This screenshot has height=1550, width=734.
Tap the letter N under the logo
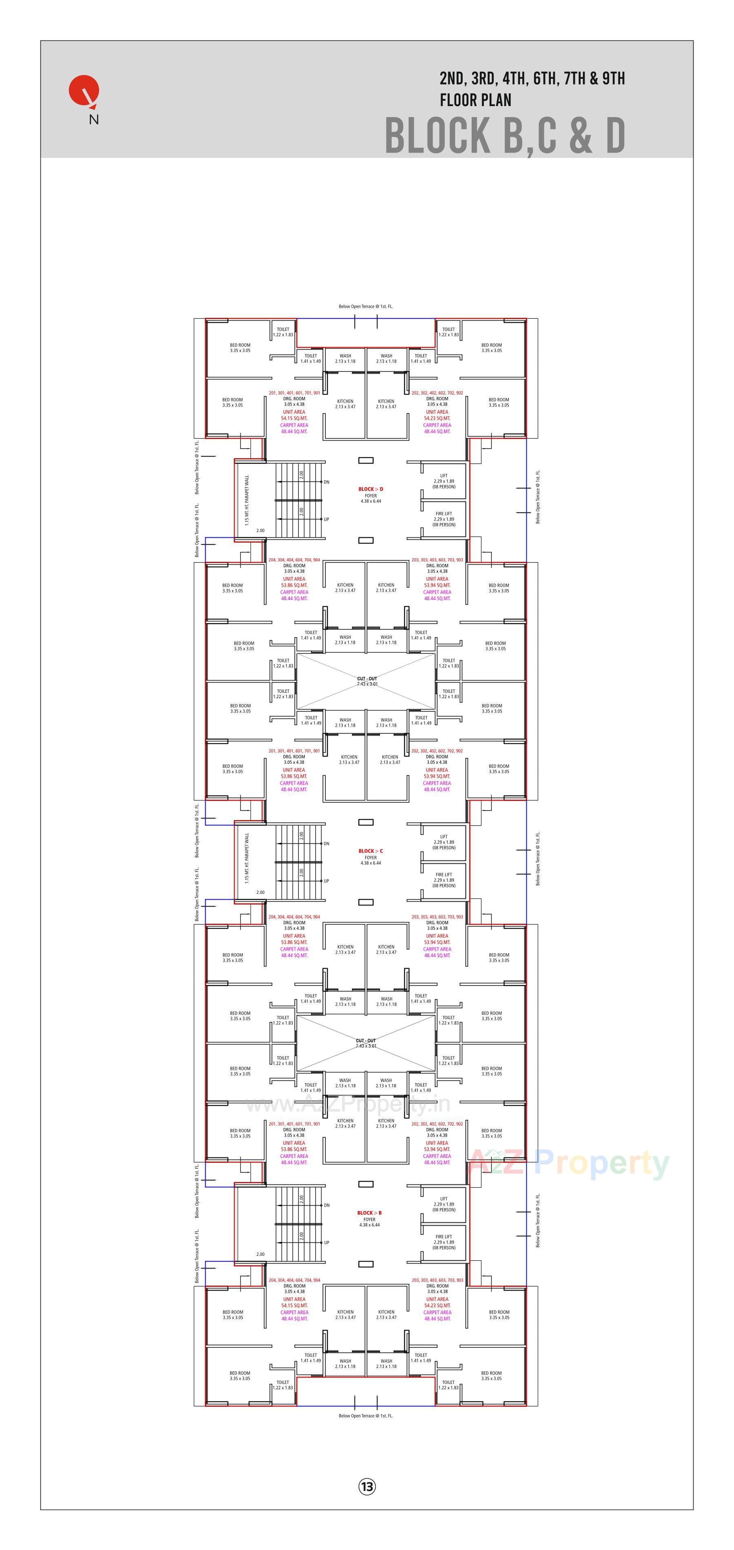[x=94, y=119]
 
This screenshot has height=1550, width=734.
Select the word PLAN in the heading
[x=495, y=100]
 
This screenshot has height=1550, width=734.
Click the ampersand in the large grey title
[x=580, y=135]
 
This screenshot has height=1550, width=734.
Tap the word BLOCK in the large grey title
[x=437, y=135]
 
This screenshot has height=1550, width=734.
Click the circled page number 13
[x=366, y=1486]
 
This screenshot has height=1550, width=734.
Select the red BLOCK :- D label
[x=370, y=489]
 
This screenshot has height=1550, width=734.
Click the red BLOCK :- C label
[x=370, y=851]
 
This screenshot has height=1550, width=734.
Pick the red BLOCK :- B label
[x=369, y=1213]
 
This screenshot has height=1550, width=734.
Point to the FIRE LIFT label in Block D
[x=444, y=514]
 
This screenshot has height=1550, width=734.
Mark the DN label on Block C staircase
[x=326, y=844]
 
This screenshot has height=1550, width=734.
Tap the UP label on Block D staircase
[x=326, y=519]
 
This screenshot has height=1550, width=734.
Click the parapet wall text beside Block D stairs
[x=247, y=501]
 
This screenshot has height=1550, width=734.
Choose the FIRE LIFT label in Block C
[x=444, y=875]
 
